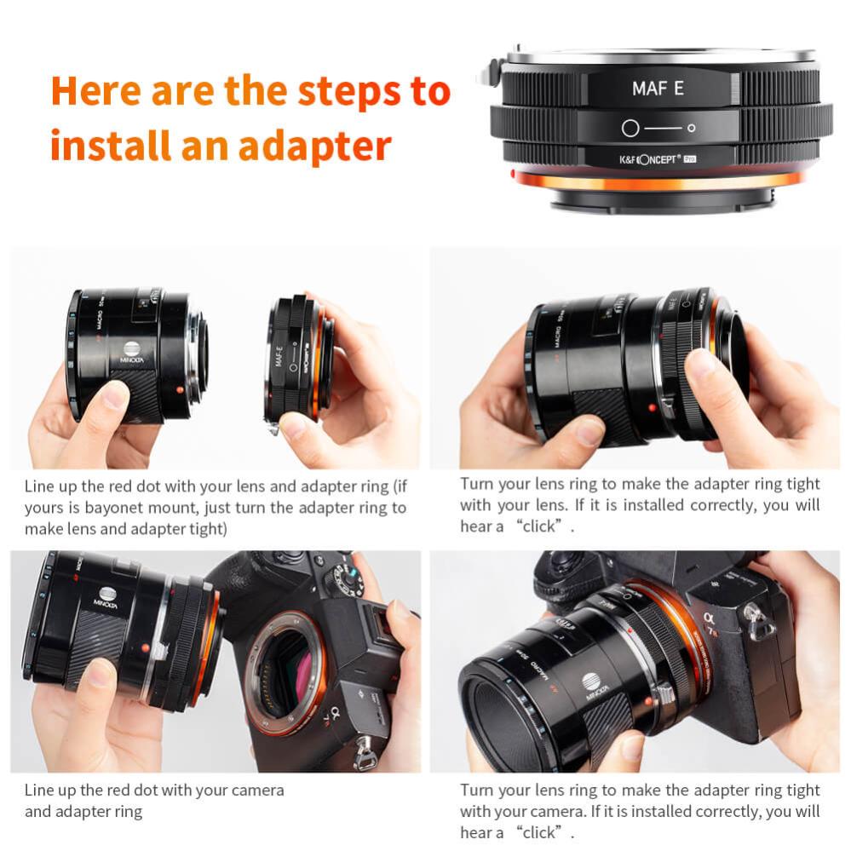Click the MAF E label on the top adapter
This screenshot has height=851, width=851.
tap(658, 89)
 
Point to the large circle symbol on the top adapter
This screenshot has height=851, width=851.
tap(630, 129)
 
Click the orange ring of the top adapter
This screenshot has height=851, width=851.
tap(656, 181)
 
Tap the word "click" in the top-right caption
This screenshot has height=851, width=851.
tap(541, 526)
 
